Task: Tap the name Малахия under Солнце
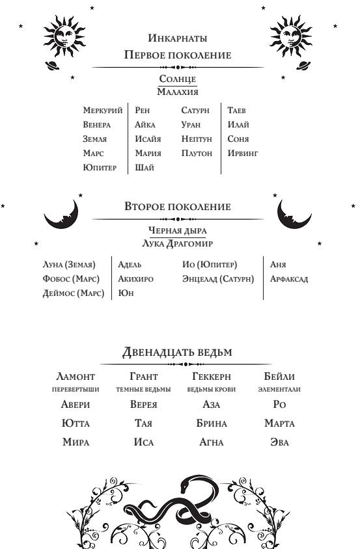178,92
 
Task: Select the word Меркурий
103,111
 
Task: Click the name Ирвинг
243,154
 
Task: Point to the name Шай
144,168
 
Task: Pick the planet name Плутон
197,154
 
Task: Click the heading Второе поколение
178,207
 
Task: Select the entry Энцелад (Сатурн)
218,279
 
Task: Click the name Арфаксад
289,279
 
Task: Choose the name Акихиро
135,279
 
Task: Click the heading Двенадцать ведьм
178,352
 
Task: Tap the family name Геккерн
212,377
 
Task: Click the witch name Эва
280,442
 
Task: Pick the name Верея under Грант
143,405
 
